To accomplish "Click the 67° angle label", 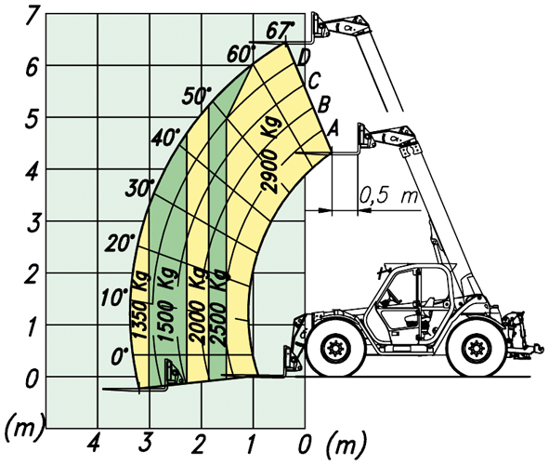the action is coord(281,31).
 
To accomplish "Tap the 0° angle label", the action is coord(120,357).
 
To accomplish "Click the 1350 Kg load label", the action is coord(140,305).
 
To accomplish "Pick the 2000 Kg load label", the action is coord(197,304).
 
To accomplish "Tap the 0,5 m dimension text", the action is coord(388,194).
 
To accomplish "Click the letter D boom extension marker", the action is coord(304,57).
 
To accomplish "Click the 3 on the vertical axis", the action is coord(33,224).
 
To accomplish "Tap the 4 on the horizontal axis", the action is coord(95,443).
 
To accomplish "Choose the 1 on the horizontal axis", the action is coord(251,443).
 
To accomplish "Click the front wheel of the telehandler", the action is coord(335,349).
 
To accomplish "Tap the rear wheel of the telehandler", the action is coord(477,348).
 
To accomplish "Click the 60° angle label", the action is coord(241,54).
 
